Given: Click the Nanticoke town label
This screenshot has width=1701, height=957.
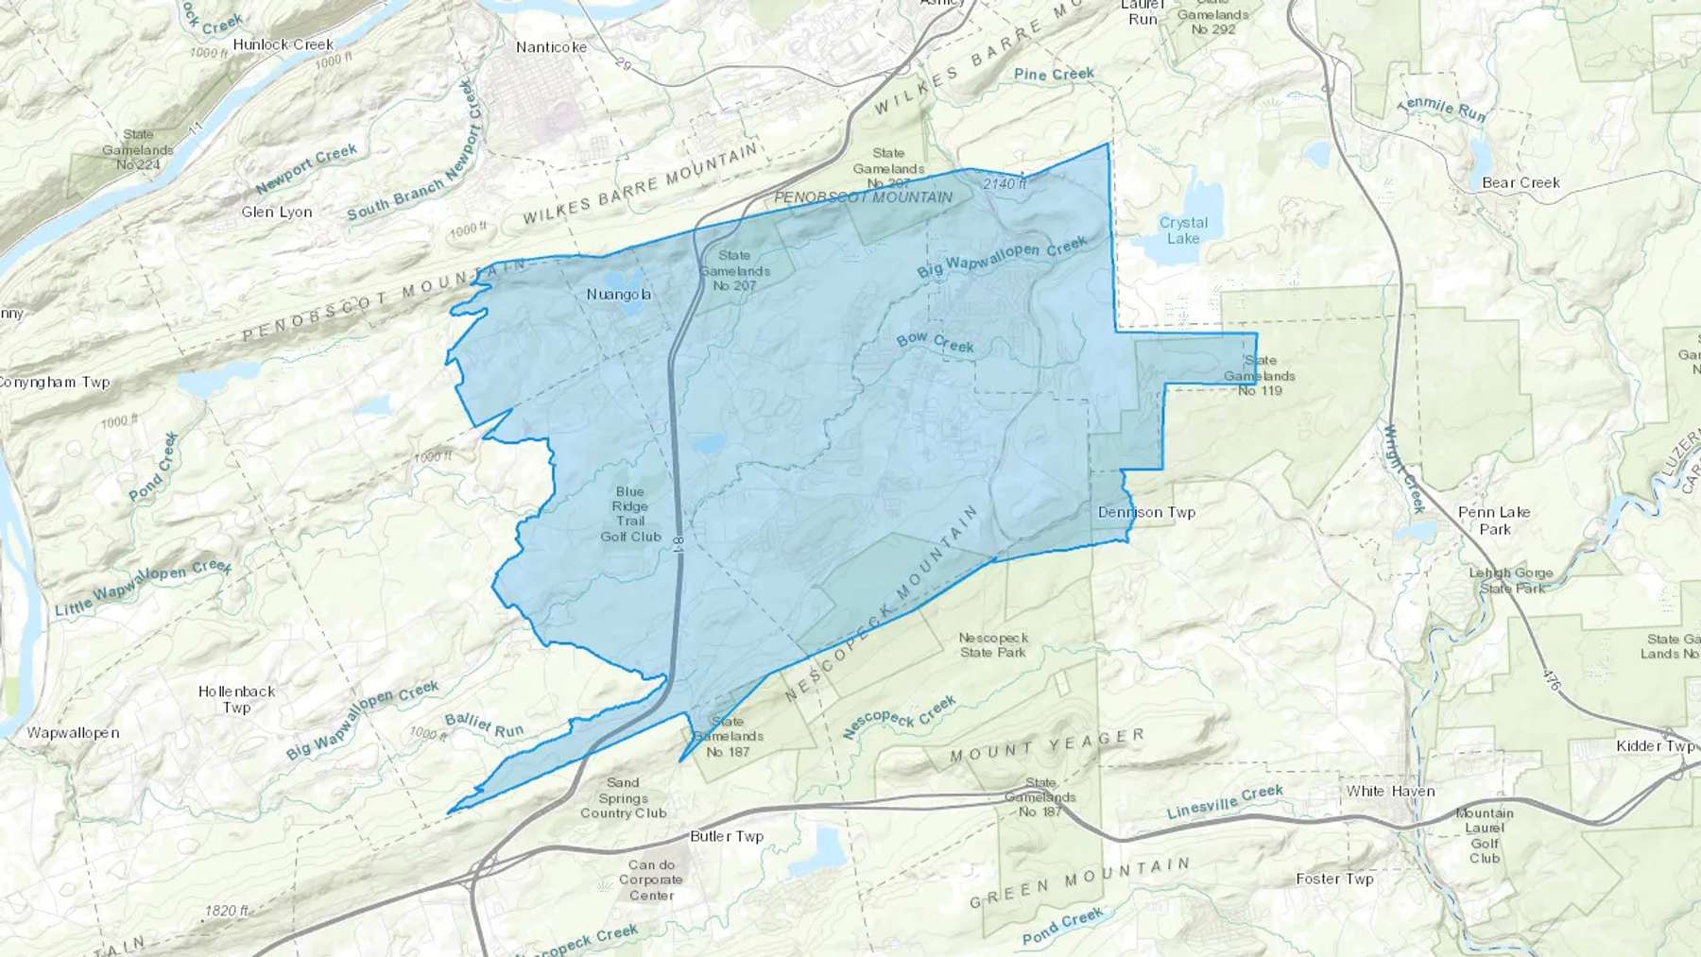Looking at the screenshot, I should click(551, 47).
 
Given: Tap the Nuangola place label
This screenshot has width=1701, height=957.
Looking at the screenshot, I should click(619, 295).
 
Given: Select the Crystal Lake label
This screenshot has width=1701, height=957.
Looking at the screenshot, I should click(1183, 231).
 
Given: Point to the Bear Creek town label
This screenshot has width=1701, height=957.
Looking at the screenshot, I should click(1521, 183).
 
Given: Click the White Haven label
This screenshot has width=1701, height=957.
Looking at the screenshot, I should click(1390, 792).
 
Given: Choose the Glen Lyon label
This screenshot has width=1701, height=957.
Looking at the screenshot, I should click(277, 213).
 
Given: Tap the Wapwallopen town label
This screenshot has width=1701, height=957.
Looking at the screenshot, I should click(73, 733).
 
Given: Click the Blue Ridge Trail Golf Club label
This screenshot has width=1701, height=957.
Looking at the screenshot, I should click(630, 514).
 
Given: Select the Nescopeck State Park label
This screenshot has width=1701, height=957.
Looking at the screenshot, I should click(992, 645).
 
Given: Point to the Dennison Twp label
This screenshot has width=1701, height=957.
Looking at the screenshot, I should click(1146, 513).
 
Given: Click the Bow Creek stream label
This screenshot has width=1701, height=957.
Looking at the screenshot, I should click(935, 342).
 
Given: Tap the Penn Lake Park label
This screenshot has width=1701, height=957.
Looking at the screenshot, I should click(1494, 521).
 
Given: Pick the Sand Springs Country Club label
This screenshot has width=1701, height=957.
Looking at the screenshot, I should click(623, 797).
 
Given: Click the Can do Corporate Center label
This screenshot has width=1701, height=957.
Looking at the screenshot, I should click(651, 880).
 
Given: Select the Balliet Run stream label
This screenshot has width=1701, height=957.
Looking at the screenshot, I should click(484, 726).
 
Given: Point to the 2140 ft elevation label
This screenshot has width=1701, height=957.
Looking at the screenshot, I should click(1004, 184).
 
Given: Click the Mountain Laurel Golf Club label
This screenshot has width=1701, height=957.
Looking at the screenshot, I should click(1485, 835).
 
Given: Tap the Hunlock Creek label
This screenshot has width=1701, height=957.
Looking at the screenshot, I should click(283, 44).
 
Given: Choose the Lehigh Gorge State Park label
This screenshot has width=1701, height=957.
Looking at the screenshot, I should click(1510, 580).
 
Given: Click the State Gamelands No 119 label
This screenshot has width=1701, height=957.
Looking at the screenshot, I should click(1260, 375).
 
